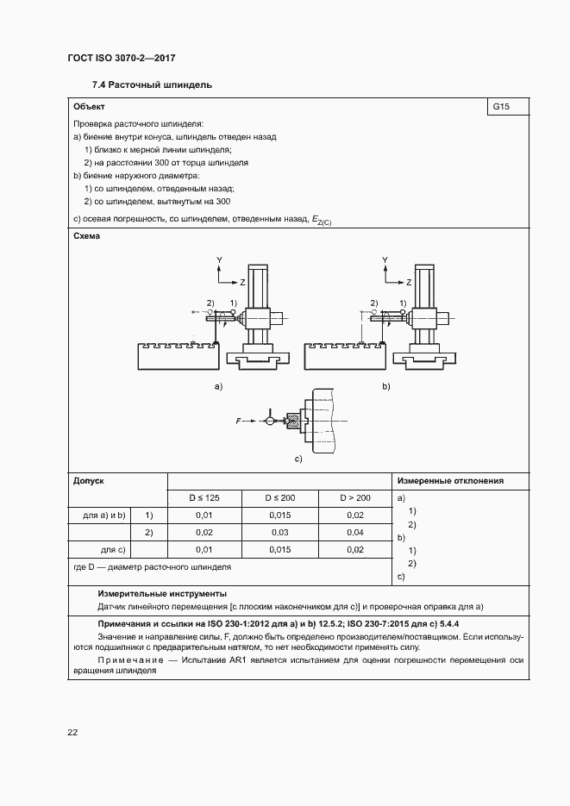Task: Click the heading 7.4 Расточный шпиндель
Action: tap(152, 84)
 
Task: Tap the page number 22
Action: tap(72, 732)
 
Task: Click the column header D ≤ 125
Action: tap(204, 498)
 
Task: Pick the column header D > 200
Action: tap(354, 498)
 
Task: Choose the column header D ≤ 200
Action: tap(279, 498)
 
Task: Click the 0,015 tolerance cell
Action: tap(279, 515)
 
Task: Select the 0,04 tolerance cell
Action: tap(354, 533)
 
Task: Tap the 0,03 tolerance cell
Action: tap(279, 550)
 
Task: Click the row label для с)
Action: tap(114, 550)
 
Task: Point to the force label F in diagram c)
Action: tap(238, 421)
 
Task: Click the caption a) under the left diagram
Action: tap(218, 387)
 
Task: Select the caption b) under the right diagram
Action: tap(385, 387)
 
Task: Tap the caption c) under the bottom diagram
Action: tap(298, 459)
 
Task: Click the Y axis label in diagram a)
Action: tap(220, 259)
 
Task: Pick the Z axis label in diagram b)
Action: tap(410, 282)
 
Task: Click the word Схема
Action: tap(87, 236)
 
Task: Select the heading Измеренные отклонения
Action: tap(450, 481)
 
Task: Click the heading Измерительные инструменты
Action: tap(162, 594)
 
